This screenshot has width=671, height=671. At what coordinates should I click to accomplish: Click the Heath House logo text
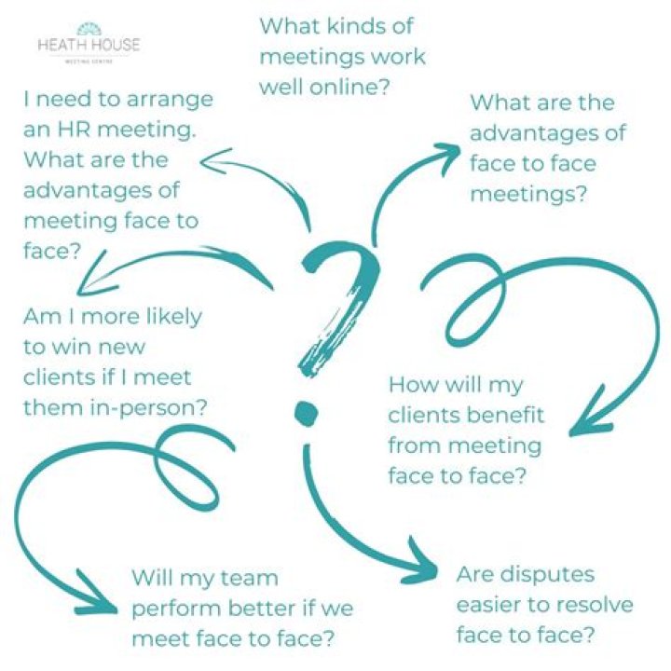pos(89,45)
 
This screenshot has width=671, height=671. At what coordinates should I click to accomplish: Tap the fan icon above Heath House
pos(89,29)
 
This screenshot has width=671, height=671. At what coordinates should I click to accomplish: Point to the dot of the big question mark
pos(307,414)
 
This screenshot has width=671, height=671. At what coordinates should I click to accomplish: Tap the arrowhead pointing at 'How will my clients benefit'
pos(592,411)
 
